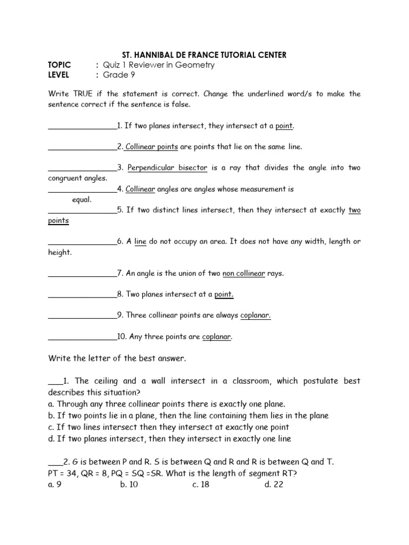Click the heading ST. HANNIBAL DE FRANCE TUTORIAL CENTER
coord(204,55)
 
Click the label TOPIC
coord(59,65)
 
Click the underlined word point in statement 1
coord(284,126)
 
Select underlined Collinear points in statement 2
coord(151,146)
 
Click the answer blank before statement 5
coord(82,211)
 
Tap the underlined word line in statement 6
coord(141,242)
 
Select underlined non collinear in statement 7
coord(243,273)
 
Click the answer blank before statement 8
coord(82,295)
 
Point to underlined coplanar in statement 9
coord(256,316)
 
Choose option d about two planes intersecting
coord(169,439)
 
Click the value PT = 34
coord(64,473)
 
